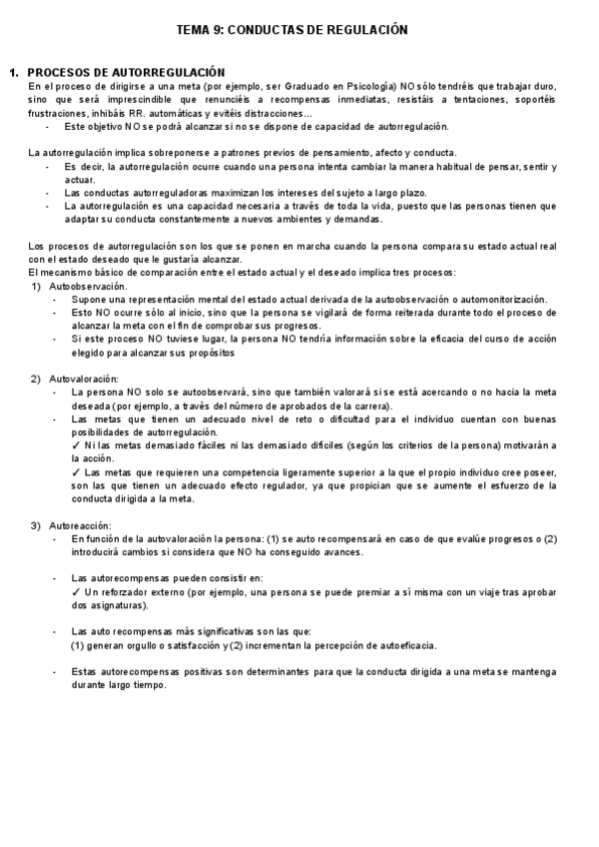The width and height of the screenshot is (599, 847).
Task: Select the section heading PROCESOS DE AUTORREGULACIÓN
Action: [x=126, y=73]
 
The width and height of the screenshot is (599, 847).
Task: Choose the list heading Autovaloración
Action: [x=83, y=379]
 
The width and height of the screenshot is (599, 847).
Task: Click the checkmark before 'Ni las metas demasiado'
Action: [x=76, y=444]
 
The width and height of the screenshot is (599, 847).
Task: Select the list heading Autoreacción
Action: [x=80, y=525]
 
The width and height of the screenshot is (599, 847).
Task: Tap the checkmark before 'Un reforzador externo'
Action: [x=76, y=591]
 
